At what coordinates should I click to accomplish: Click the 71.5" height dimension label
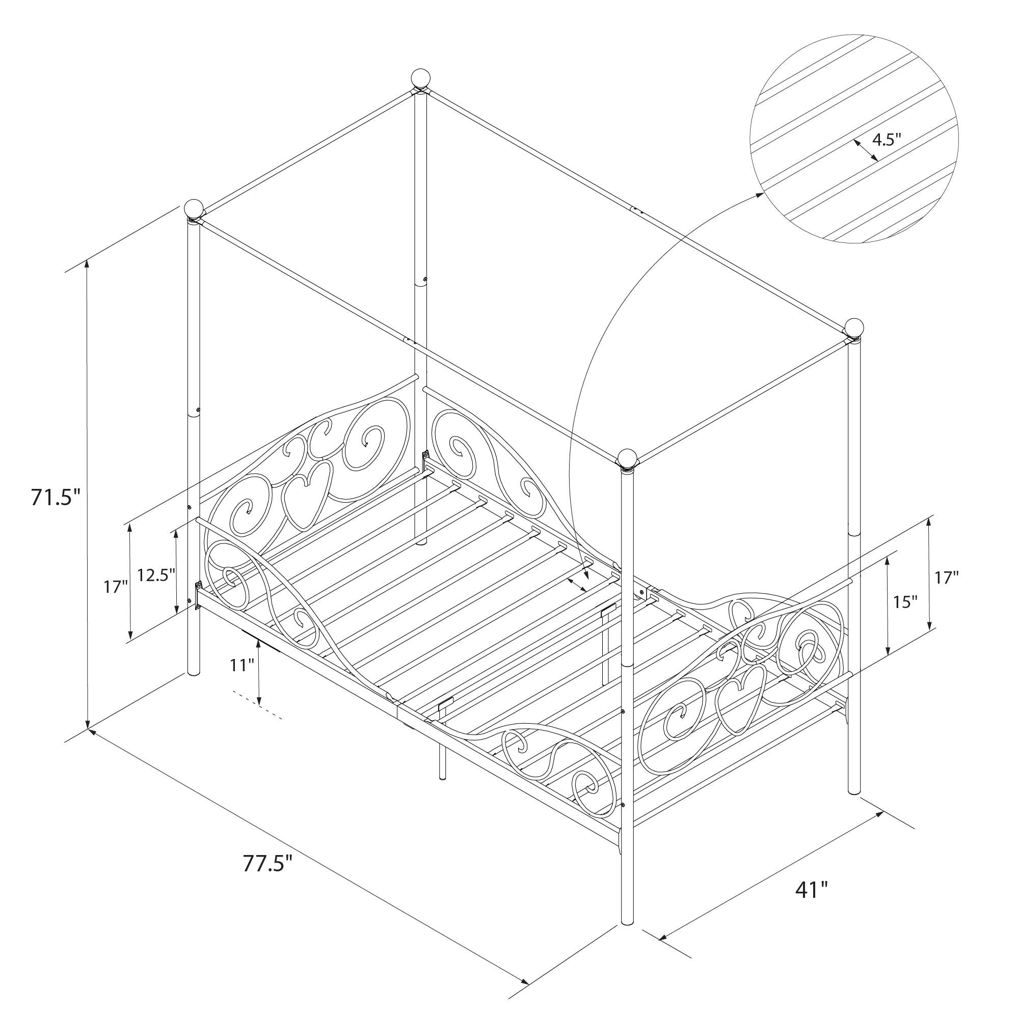pyautogui.click(x=56, y=498)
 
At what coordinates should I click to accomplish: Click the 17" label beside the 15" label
pyautogui.click(x=947, y=578)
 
